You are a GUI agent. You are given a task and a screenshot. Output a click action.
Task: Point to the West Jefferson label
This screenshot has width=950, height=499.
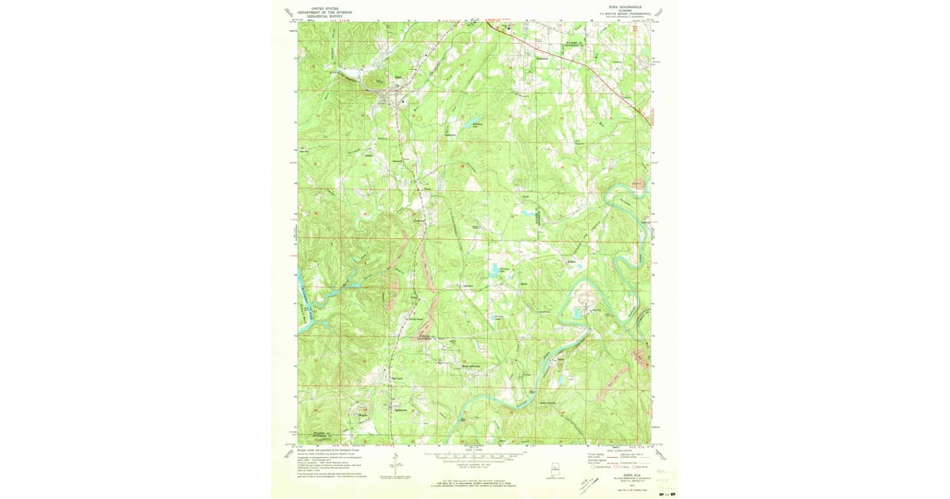pos(470,366)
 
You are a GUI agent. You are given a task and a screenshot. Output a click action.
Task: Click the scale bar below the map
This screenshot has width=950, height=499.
pos(474,456)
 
